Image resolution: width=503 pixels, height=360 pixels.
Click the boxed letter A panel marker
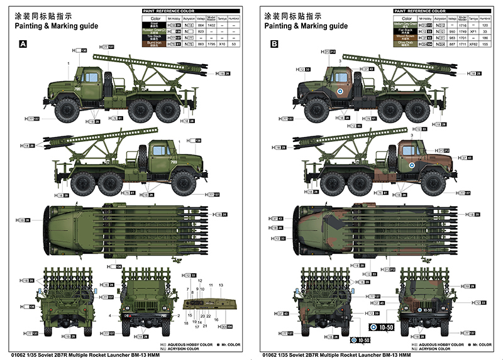23,44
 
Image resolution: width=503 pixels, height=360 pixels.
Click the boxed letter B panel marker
274,44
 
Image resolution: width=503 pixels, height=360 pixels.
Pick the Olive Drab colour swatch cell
403,43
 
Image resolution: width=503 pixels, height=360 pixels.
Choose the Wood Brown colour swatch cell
403,37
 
